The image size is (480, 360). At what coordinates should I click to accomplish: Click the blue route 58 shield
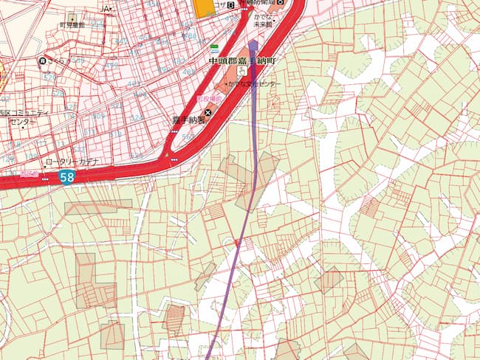[67, 177]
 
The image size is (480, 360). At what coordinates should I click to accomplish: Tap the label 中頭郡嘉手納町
[241, 62]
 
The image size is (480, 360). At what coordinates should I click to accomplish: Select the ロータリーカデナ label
[72, 162]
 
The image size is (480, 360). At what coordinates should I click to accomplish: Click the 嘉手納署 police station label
[188, 120]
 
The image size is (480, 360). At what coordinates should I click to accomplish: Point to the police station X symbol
[208, 112]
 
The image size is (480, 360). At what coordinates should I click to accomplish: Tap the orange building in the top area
[202, 6]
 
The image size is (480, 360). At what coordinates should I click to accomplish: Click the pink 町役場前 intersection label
[208, 97]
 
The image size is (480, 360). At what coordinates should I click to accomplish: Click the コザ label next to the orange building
[219, 4]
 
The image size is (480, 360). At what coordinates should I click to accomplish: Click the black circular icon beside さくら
[44, 60]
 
